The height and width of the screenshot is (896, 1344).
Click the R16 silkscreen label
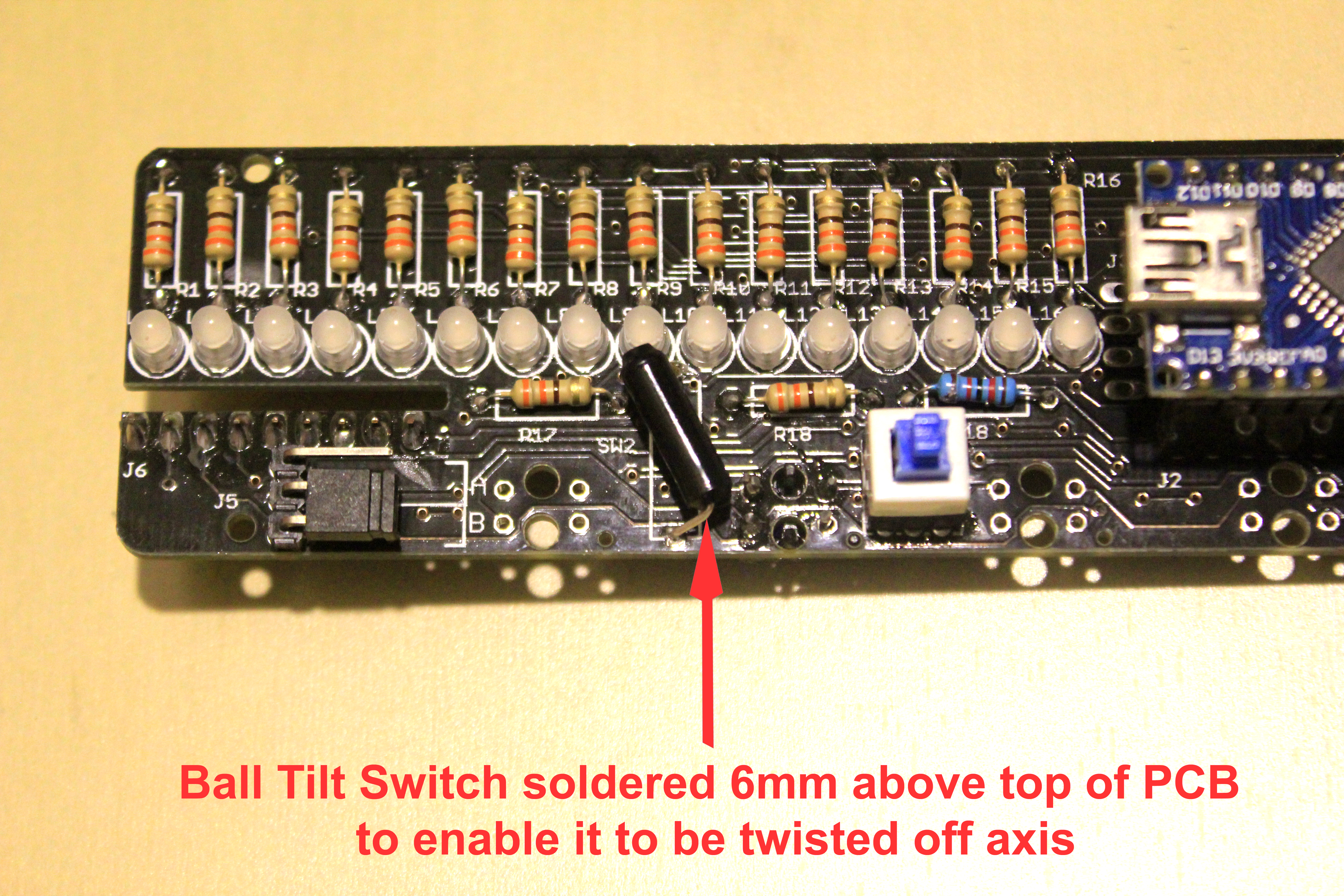(1102, 180)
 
